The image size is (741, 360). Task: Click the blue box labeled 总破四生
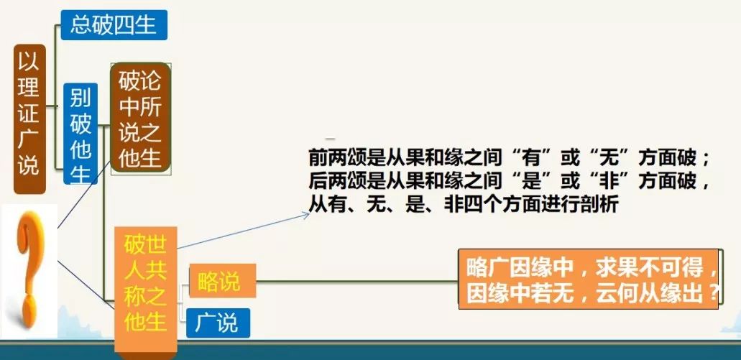click(x=114, y=24)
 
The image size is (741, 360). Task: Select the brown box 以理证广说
click(x=29, y=119)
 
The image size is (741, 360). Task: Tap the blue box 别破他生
click(x=80, y=134)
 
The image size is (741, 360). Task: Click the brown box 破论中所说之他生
click(x=140, y=118)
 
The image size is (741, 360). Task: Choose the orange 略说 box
click(x=222, y=281)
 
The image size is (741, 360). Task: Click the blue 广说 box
click(x=218, y=323)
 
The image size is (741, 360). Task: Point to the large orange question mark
click(x=29, y=269)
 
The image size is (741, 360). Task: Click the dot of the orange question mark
click(x=28, y=312)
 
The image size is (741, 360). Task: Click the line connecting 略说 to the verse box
click(x=357, y=282)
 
